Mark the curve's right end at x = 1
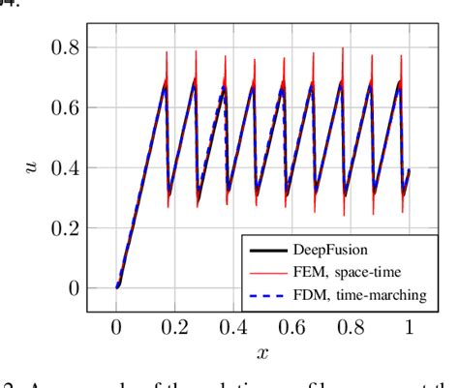click(410, 170)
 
